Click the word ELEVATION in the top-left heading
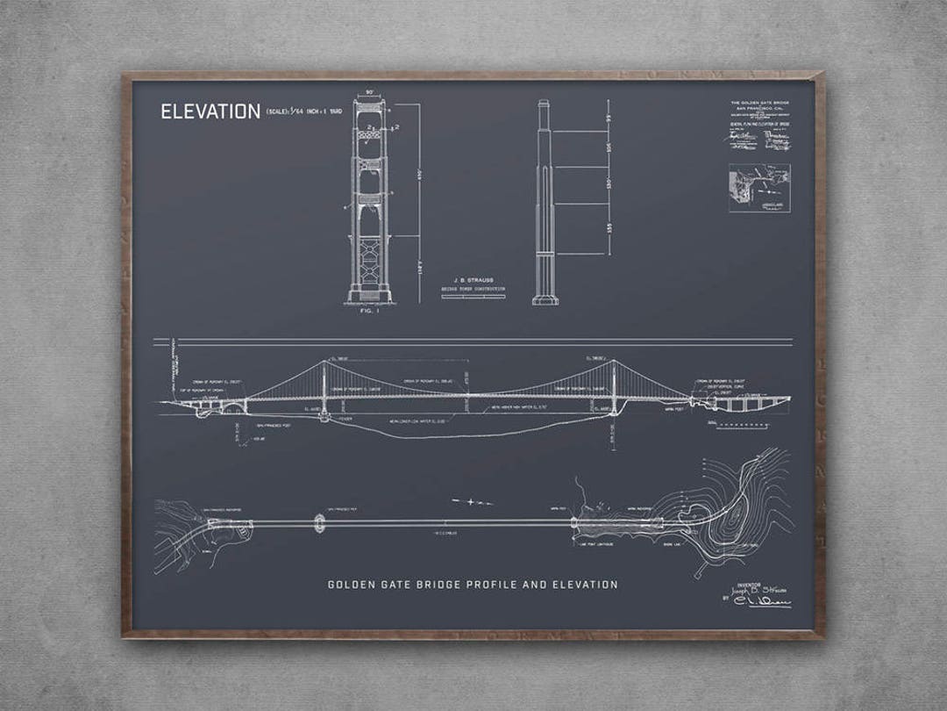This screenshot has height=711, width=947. click(x=210, y=111)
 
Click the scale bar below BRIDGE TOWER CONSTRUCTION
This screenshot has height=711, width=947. click(x=473, y=296)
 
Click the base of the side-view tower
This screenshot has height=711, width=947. click(x=545, y=300)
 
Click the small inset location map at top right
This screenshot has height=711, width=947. click(x=759, y=188)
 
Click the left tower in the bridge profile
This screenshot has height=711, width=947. click(x=324, y=386)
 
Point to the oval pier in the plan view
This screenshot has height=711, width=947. click(x=318, y=523)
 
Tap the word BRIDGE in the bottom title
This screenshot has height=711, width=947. click(x=421, y=585)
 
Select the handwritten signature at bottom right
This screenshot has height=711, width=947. click(x=761, y=601)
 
